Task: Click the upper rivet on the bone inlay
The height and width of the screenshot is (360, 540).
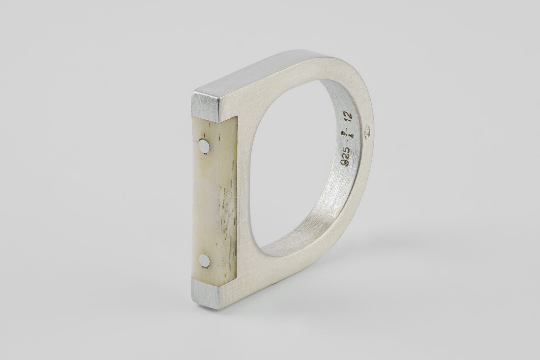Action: click(x=204, y=146)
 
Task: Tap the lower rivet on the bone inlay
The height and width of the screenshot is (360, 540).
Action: click(x=204, y=261)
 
